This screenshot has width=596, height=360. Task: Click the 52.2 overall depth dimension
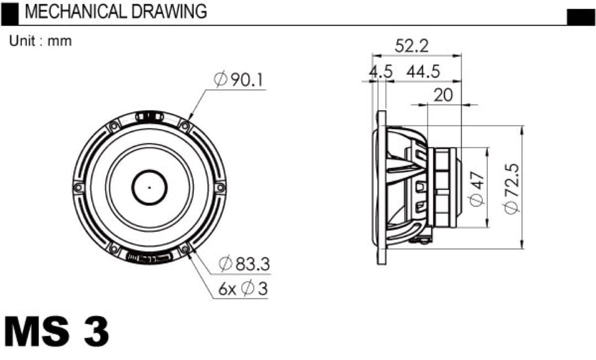click(x=412, y=46)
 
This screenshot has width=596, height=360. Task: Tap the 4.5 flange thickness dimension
click(x=381, y=71)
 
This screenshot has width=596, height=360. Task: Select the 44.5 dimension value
click(x=423, y=71)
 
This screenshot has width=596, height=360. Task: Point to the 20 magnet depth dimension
click(x=443, y=95)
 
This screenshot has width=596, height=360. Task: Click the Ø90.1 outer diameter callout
click(x=238, y=80)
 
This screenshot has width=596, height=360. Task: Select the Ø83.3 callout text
click(x=244, y=263)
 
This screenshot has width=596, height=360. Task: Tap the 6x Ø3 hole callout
click(x=243, y=289)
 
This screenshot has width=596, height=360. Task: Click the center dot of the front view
click(x=150, y=187)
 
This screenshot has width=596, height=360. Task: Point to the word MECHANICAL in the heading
click(x=75, y=12)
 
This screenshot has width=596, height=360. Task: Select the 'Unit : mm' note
click(x=40, y=41)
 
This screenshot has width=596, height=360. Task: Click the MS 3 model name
click(x=57, y=331)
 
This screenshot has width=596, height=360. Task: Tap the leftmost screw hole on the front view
click(x=78, y=187)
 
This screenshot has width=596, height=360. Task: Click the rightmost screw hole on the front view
click(x=220, y=187)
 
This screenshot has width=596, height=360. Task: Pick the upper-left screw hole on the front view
click(x=114, y=126)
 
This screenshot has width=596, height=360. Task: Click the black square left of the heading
click(x=9, y=14)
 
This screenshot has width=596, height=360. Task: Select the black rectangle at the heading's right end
click(x=581, y=17)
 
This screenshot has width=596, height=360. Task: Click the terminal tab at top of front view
click(x=150, y=117)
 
